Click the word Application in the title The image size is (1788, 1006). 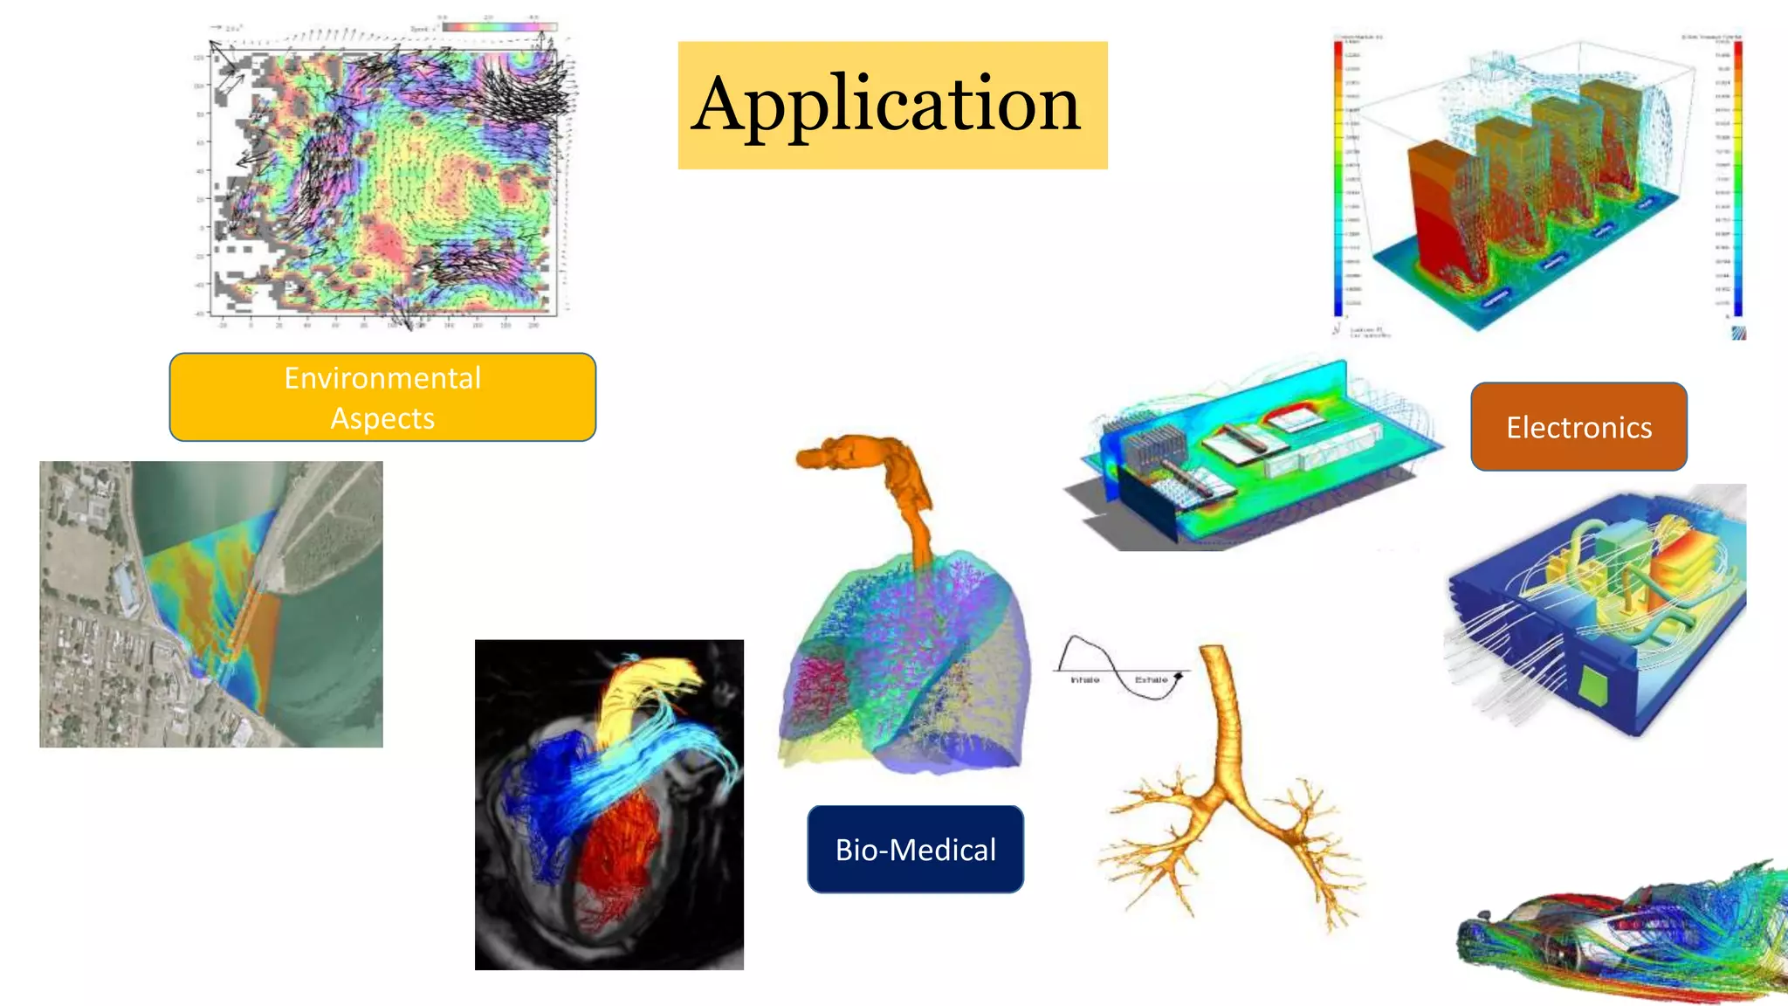click(887, 105)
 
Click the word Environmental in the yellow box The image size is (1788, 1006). click(382, 378)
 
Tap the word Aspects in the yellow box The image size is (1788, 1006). click(382, 419)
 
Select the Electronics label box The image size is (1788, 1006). click(1578, 427)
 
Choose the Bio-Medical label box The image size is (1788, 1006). click(915, 849)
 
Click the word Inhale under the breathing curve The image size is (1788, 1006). click(1085, 679)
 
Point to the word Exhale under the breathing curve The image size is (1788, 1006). click(1151, 679)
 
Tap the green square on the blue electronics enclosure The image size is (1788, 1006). click(1593, 686)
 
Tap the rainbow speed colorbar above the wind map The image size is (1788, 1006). click(499, 27)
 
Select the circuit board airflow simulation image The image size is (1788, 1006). click(1253, 454)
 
